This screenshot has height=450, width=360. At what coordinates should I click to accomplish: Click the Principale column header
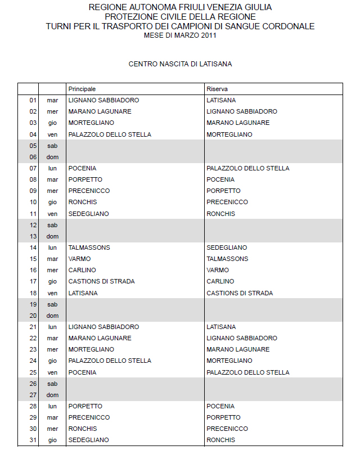click(82, 89)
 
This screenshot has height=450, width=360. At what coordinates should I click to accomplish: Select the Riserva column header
click(217, 89)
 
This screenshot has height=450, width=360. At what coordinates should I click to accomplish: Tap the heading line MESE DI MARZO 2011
click(180, 35)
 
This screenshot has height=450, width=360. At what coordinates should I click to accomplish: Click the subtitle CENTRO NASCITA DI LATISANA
click(180, 64)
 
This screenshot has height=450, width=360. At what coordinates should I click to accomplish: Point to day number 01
click(33, 100)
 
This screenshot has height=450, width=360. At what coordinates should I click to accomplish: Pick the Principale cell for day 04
click(110, 134)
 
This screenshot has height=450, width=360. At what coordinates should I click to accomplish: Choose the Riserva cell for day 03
click(238, 123)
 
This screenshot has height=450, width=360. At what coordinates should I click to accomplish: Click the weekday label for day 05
click(52, 146)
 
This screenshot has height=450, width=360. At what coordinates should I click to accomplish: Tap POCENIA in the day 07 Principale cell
click(82, 168)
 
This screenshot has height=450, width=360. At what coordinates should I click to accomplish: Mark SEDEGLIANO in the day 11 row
click(89, 214)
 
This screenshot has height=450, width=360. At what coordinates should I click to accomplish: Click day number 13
click(33, 236)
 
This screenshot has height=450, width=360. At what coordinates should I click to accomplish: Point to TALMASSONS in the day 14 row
click(89, 247)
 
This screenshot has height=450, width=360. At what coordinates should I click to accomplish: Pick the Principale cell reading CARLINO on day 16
click(82, 270)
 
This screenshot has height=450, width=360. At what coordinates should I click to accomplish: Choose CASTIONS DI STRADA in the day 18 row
click(240, 293)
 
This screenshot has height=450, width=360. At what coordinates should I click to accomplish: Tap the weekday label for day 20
click(52, 316)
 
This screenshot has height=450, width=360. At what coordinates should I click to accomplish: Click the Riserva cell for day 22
click(242, 338)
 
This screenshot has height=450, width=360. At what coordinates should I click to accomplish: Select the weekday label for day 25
click(52, 372)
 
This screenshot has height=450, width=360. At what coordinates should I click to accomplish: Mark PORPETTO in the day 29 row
click(223, 417)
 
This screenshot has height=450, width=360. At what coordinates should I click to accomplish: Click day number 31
click(33, 440)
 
